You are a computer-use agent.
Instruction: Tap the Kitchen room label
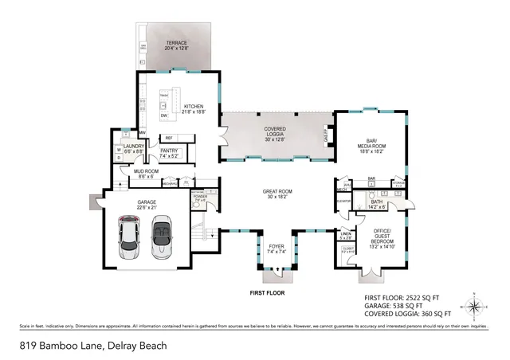point(194,109)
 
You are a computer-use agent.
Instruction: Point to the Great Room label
point(278,195)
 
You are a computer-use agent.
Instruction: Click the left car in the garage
point(131,238)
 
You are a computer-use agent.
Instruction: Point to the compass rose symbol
point(475,306)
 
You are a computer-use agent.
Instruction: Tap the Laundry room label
point(132,147)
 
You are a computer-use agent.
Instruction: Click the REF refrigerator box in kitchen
point(169,138)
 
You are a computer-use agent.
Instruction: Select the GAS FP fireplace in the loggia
point(324,136)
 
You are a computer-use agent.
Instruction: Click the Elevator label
point(343,200)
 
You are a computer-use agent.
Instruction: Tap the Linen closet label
point(345,236)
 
